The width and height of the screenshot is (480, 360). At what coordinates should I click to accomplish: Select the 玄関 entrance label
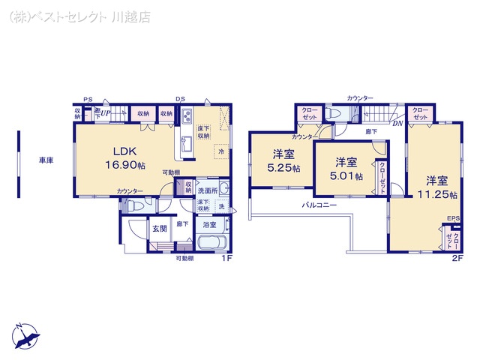tap(160, 229)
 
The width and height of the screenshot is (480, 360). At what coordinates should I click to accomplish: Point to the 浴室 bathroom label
tap(209, 225)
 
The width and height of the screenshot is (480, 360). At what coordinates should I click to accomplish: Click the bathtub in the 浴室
tap(212, 244)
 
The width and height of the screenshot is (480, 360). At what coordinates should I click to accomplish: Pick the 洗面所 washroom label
tap(208, 191)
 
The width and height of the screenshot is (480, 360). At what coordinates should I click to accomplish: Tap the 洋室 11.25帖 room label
tap(437, 186)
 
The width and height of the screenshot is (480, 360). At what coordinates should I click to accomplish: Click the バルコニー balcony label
tap(319, 205)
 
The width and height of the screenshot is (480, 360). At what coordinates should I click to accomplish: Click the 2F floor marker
tap(457, 258)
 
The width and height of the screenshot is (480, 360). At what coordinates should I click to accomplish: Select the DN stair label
tap(397, 124)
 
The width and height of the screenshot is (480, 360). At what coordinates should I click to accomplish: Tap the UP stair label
tap(106, 113)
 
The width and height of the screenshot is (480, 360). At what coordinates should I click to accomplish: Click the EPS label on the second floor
tap(453, 218)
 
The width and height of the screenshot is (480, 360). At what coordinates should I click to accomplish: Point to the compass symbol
tap(25, 334)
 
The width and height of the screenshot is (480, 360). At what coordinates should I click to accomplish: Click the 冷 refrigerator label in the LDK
tap(221, 151)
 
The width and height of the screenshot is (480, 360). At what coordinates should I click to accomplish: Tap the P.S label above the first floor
tap(88, 99)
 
